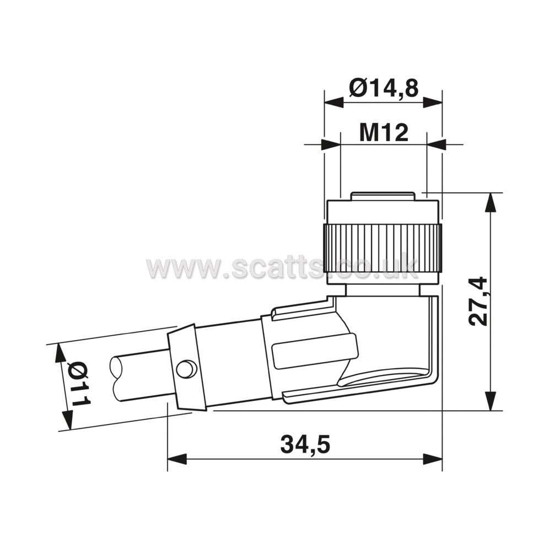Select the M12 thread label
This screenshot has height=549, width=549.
click(x=384, y=133)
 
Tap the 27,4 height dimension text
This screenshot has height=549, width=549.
click(x=478, y=301)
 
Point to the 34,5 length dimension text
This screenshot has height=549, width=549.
click(x=305, y=445)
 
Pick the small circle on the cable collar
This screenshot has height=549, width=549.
click(x=186, y=369)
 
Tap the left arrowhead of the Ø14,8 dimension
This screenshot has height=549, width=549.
click(x=333, y=102)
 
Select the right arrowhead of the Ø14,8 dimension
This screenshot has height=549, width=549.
click(x=433, y=102)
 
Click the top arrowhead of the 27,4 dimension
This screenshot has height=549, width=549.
click(x=491, y=202)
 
